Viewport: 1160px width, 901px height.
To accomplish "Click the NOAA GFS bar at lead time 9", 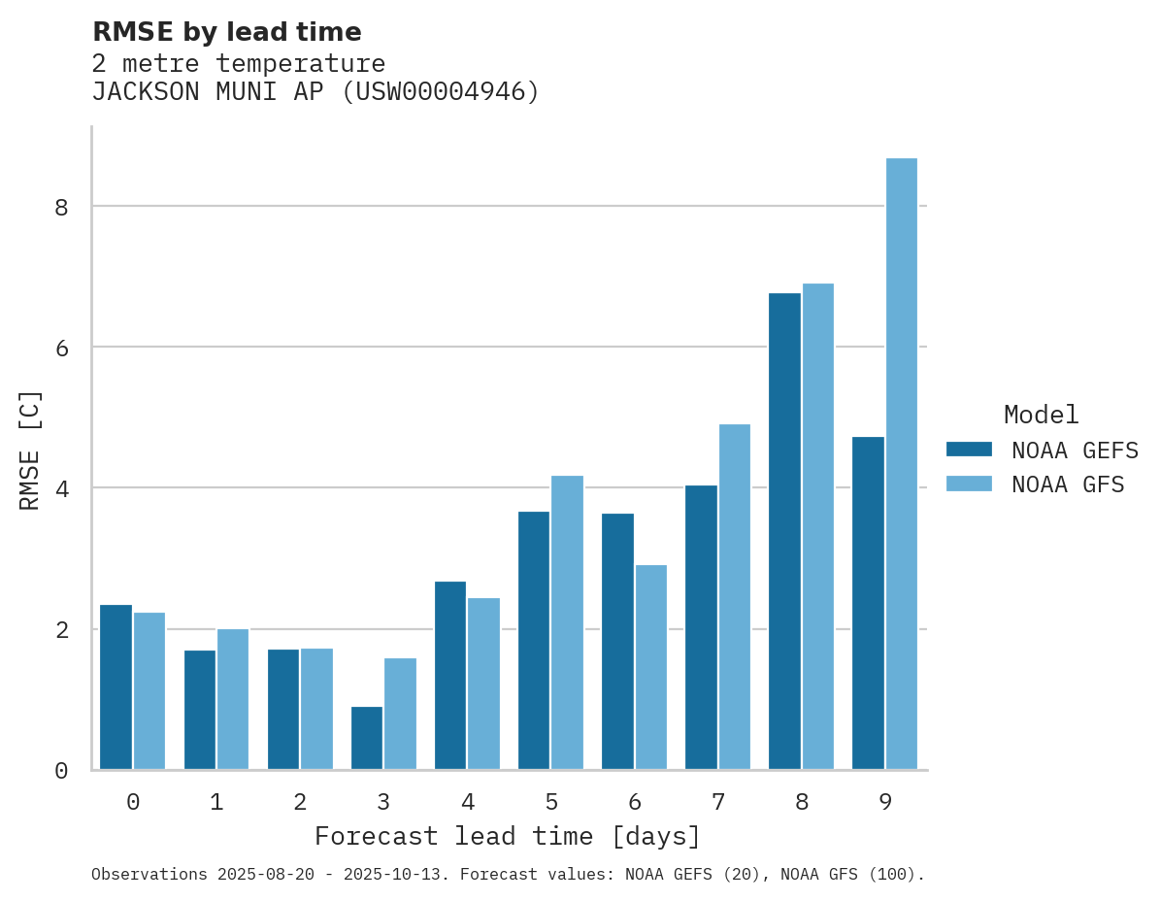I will point(902,463).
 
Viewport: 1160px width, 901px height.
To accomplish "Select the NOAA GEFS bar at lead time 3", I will point(367,738).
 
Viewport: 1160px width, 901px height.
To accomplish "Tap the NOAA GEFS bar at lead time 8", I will point(784,531).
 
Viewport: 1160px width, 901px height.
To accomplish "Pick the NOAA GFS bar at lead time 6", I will point(651,667).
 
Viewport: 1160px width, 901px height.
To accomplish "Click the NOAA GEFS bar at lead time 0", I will point(116,687).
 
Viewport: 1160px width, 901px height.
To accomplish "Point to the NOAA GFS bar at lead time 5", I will point(568,622).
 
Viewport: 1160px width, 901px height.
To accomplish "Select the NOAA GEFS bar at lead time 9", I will point(868,603).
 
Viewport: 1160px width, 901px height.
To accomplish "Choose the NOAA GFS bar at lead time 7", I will point(735,597).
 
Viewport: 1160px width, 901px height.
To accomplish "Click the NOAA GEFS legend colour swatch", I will point(969,450).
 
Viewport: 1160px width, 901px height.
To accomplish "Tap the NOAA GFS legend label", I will point(1068,484).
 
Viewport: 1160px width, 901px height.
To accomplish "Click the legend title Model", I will point(1041,416).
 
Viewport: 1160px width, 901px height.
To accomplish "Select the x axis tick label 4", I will point(468,803).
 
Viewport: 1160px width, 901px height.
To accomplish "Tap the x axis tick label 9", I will point(885,803).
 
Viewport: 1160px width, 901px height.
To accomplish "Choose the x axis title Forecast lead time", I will point(507,836).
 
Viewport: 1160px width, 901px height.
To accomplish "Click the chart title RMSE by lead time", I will point(226,32).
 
